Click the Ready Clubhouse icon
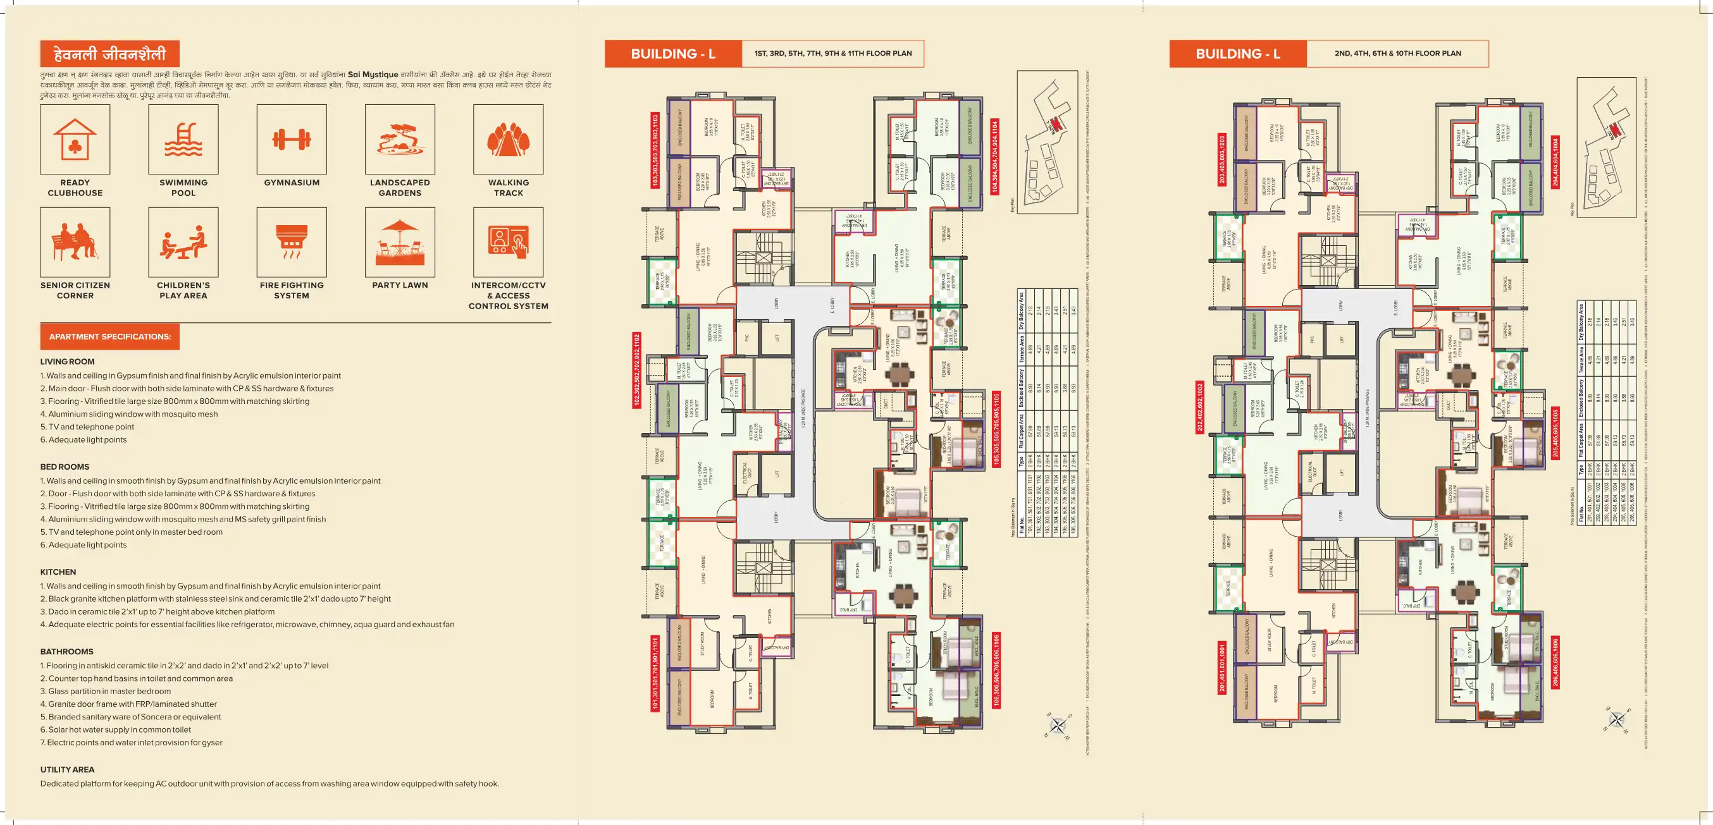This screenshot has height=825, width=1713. click(75, 140)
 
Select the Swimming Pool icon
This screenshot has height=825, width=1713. click(183, 140)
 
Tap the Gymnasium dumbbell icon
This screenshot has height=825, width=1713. click(291, 140)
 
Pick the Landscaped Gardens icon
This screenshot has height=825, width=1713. click(400, 140)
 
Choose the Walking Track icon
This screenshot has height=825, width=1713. click(508, 140)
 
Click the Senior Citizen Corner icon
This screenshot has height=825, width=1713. click(75, 242)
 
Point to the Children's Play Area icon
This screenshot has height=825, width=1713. click(183, 242)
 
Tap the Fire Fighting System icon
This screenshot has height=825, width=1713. click(291, 242)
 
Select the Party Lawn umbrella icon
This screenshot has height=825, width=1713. click(400, 242)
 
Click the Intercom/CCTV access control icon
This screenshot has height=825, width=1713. click(508, 242)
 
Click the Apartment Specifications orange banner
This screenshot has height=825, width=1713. click(109, 337)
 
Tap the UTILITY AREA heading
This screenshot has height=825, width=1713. click(67, 769)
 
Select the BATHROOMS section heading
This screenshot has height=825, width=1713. click(66, 652)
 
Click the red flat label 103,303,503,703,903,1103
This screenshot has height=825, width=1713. click(655, 150)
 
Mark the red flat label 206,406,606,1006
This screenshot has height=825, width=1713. click(1555, 663)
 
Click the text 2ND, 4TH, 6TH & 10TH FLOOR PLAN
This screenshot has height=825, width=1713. click(1397, 53)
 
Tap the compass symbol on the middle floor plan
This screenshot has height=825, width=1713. click(1057, 725)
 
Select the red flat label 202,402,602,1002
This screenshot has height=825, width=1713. click(1199, 407)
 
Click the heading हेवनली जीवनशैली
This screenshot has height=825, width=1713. click(109, 54)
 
